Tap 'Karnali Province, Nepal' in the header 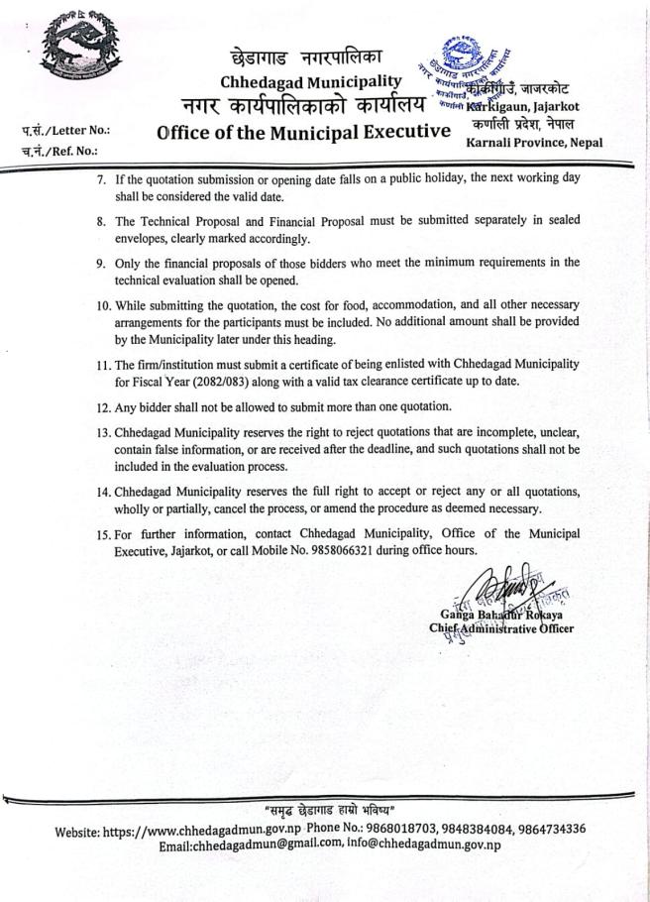tap(534, 143)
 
